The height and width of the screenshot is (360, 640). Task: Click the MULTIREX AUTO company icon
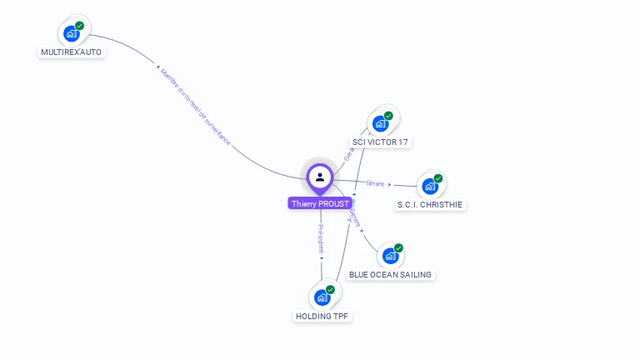pos(72,34)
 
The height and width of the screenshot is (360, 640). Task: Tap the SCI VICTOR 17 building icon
pos(381,124)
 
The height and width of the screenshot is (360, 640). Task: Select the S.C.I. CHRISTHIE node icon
pos(430,187)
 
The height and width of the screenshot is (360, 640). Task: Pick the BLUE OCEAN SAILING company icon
pos(390,257)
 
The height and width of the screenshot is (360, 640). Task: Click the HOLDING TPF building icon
pos(322,297)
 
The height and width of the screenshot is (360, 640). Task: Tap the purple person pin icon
pos(320,177)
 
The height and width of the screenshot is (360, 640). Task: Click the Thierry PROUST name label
pos(320,203)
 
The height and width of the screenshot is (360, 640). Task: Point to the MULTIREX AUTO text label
pos(72,52)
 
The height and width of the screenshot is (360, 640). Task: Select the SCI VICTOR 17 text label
pos(380,142)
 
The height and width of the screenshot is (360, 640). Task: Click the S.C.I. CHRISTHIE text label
pos(430,204)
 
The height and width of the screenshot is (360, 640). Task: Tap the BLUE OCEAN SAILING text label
pos(391,274)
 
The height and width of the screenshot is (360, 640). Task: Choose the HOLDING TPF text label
pos(322,316)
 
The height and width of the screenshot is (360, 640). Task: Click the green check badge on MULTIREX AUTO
pos(79,26)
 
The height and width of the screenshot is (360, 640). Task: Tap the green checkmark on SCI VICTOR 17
pos(388,116)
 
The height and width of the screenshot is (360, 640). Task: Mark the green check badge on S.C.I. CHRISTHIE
pos(438,178)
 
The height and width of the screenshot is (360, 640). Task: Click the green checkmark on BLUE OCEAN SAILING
pos(398,248)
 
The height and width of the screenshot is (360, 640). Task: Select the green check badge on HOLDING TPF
pos(330,289)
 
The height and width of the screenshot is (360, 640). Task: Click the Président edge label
pos(321,238)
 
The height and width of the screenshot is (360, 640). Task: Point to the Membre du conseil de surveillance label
pos(194,107)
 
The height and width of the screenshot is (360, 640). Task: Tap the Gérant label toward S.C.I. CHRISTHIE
pos(376,183)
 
